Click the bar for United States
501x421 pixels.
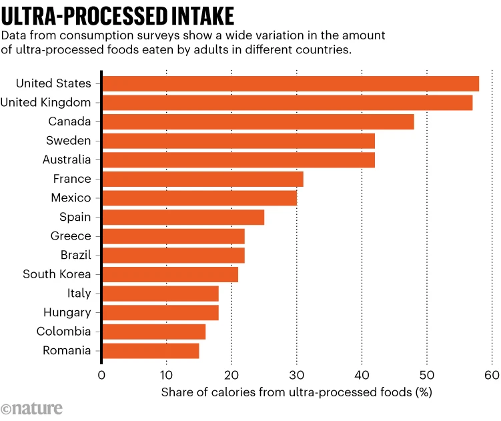290,83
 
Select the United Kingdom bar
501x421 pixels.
287,103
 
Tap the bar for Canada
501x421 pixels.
258,121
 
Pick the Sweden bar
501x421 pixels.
238,141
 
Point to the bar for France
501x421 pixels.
202,179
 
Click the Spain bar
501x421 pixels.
183,217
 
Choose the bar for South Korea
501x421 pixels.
169,274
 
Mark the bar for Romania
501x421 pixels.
150,350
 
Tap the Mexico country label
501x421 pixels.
71,197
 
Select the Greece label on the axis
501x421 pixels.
70,236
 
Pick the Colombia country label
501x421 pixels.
64,331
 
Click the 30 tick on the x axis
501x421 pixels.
297,374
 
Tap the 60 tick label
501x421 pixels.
492,374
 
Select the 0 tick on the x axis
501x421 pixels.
101,374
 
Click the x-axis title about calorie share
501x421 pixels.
296,392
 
